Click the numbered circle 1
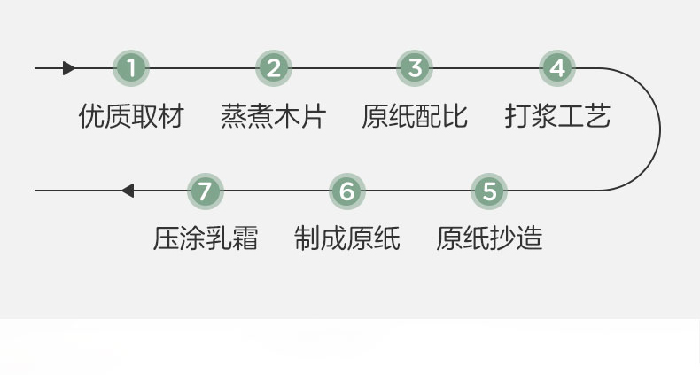point(131,68)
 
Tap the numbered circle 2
point(274,68)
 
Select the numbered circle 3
point(415,68)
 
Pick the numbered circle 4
point(556,68)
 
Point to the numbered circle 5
point(489,191)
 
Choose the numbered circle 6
point(346,191)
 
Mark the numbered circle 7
point(206,191)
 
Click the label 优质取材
point(131,116)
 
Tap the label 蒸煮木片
point(273,116)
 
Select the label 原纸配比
point(415,116)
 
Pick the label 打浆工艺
point(557,116)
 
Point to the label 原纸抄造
point(489,238)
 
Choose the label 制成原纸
point(346,238)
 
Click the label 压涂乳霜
point(206,238)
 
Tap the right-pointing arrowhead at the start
point(69,68)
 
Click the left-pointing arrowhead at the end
point(128,191)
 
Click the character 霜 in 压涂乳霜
point(245,238)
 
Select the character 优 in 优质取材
point(91,116)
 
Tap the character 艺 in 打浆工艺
point(597,116)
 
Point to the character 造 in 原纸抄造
point(529,238)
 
